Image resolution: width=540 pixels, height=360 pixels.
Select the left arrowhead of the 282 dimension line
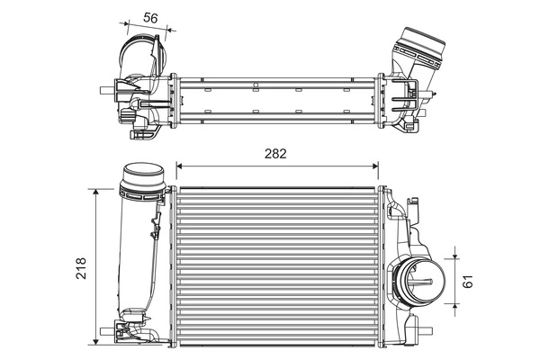pyautogui.click(x=178, y=166)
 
